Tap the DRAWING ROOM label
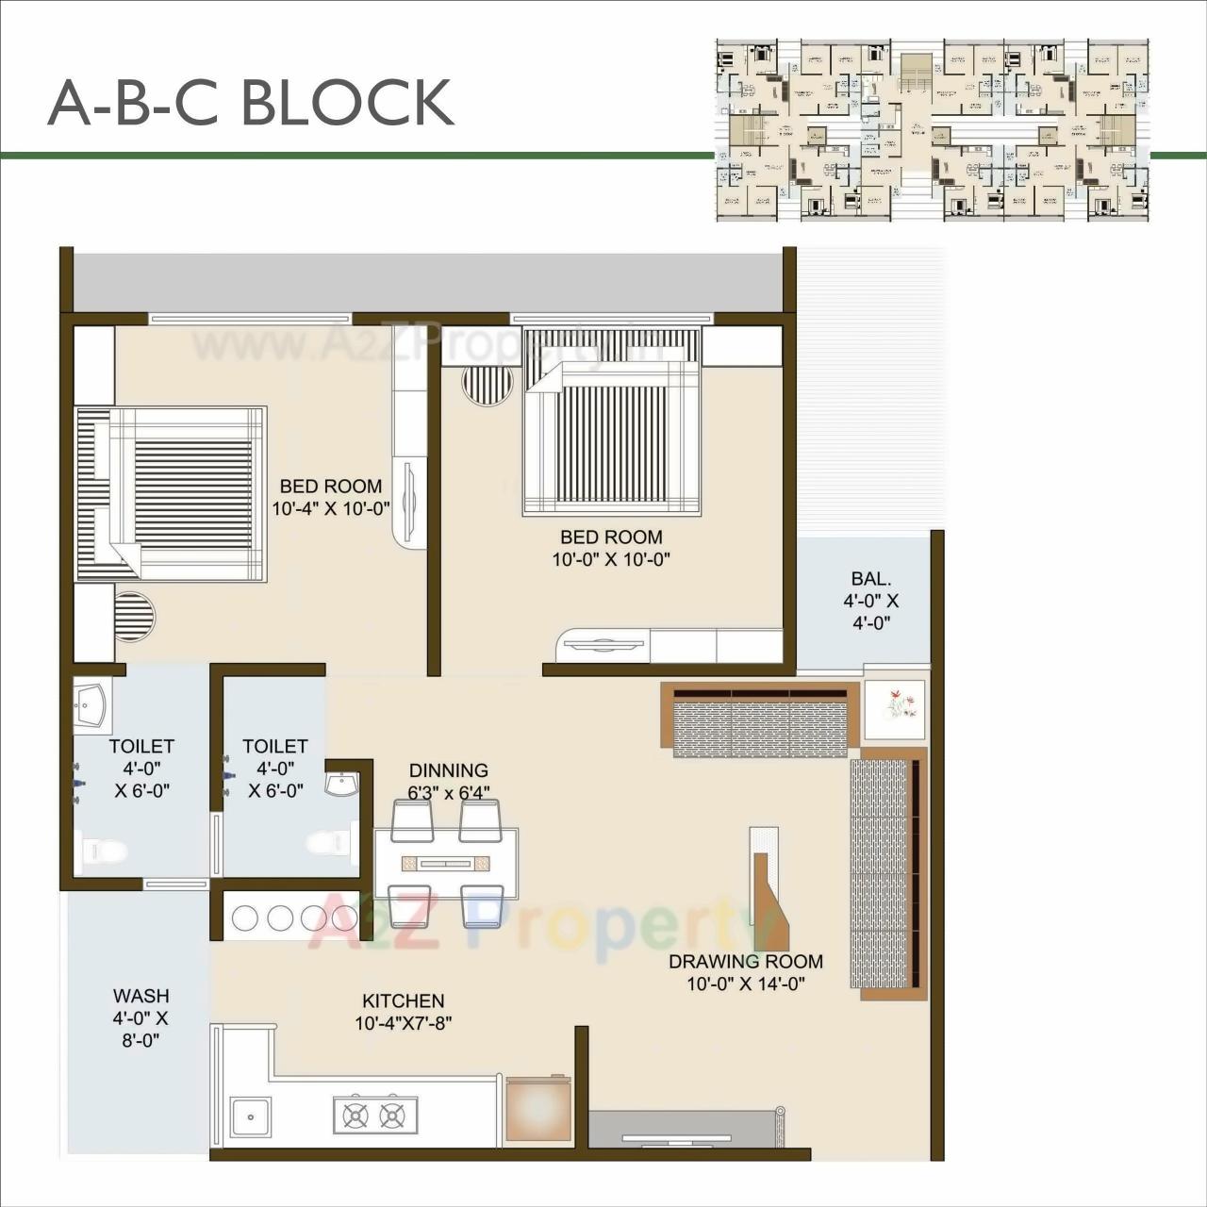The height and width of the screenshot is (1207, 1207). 745,962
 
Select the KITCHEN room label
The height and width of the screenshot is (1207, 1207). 403,1000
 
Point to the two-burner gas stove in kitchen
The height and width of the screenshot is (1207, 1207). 374,1115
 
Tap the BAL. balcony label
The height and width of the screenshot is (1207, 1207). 870,579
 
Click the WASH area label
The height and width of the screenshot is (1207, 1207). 141,996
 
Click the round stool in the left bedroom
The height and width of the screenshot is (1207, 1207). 133,617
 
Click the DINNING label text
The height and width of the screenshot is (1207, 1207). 448,770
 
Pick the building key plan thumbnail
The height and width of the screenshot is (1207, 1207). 932,130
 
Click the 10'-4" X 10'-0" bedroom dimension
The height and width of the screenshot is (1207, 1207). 331,509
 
